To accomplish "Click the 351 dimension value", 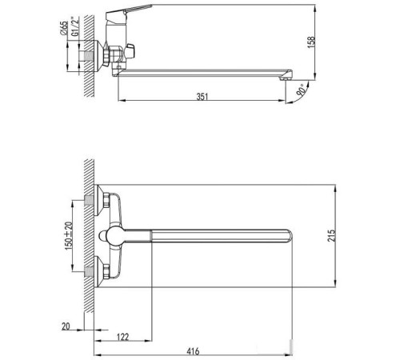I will click(x=204, y=97).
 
